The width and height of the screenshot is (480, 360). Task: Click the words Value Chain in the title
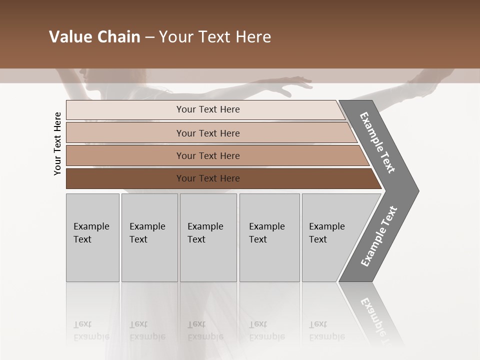pos(94,37)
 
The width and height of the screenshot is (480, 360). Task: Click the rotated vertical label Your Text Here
pos(57,143)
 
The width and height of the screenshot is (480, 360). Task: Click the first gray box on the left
pos(92,237)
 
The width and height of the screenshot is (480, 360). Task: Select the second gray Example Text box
pos(149,237)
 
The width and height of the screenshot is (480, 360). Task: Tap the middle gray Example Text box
pos(208,237)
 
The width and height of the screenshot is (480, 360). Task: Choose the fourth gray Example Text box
pos(269,237)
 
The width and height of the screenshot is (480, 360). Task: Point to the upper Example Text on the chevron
pos(377,142)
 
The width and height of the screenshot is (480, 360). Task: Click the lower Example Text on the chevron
pos(379,236)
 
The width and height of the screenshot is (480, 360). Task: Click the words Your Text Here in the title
pos(215,37)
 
